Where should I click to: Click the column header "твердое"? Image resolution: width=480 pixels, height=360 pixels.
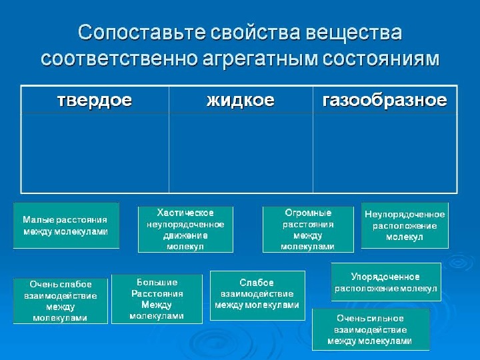click(x=94, y=101)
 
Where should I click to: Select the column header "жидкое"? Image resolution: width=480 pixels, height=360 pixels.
click(x=240, y=101)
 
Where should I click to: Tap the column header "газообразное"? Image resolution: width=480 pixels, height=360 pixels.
click(x=385, y=101)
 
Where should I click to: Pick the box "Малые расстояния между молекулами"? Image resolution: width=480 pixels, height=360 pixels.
click(x=66, y=225)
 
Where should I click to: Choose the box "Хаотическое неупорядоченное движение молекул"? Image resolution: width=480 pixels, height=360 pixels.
click(x=186, y=229)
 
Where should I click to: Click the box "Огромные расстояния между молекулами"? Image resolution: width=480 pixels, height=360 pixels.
click(x=308, y=229)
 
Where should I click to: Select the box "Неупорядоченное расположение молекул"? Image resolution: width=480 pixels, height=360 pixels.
click(x=405, y=225)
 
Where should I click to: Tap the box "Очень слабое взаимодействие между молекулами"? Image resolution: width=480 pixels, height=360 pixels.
click(x=61, y=301)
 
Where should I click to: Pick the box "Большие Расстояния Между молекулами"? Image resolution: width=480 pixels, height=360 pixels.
click(x=157, y=299)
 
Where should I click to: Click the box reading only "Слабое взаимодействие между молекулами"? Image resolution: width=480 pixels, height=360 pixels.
click(x=257, y=294)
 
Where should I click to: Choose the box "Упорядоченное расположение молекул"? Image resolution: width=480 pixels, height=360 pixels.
click(x=386, y=282)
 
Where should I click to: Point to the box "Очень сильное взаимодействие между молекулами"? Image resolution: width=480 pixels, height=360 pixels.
click(x=371, y=330)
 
